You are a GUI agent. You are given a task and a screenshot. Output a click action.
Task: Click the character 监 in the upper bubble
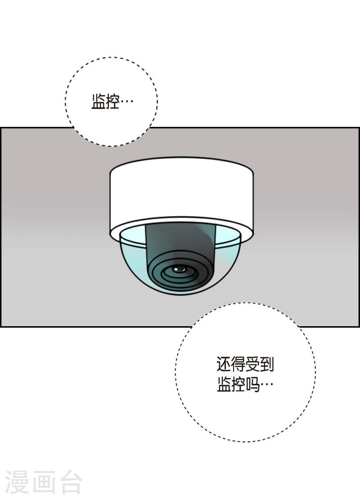tap(98, 102)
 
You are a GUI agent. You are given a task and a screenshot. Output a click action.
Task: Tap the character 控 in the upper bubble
tap(112, 102)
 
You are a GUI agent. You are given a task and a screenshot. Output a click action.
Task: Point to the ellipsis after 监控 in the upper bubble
tap(127, 102)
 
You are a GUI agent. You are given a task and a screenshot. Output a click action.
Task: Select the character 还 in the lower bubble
tap(224, 364)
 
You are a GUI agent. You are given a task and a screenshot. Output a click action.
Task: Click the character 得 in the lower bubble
tap(238, 364)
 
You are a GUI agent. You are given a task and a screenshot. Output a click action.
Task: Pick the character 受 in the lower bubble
tap(252, 364)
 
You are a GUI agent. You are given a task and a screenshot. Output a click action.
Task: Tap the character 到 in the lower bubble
tap(266, 364)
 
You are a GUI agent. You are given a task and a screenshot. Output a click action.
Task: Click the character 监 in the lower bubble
tap(224, 384)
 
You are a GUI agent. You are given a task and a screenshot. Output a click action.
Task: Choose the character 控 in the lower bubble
tap(238, 384)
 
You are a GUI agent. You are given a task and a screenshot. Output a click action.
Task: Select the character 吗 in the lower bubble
tap(252, 384)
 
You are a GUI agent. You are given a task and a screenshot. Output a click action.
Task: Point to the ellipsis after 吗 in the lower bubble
tap(267, 385)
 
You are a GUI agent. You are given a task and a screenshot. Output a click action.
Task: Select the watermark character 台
tap(70, 482)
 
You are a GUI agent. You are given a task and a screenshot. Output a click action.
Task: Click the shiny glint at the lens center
tap(179, 269)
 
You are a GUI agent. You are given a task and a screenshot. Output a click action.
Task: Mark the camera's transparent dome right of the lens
tap(227, 255)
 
